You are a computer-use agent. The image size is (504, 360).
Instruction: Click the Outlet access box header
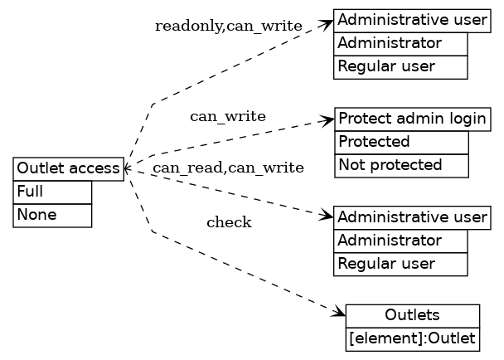point(68,169)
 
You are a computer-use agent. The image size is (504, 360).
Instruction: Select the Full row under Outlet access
point(52,192)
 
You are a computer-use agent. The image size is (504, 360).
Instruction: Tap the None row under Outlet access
point(52,215)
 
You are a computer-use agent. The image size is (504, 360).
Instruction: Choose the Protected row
point(401,142)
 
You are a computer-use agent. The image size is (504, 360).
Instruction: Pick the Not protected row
point(401,165)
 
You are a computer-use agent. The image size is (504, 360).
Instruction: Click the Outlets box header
point(412,316)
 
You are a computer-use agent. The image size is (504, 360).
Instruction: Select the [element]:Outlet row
point(412,338)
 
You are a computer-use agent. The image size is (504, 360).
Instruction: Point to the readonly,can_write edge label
point(228,27)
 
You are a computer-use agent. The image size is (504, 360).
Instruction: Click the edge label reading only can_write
point(228,116)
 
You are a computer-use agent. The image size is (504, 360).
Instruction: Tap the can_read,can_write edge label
point(228,168)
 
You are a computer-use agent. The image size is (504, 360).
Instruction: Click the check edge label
point(229,222)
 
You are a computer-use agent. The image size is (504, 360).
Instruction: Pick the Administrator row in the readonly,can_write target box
point(400,43)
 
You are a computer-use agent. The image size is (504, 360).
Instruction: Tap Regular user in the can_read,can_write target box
point(400,264)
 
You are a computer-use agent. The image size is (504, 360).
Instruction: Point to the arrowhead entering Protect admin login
point(329,120)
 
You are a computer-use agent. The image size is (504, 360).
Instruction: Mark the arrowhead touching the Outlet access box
point(128,169)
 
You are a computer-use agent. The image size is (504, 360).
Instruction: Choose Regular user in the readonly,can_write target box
point(400,66)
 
